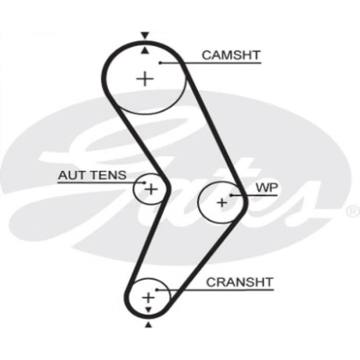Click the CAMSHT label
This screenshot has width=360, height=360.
[231, 55]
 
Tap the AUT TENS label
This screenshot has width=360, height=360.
[92, 175]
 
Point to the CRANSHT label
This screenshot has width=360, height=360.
[239, 282]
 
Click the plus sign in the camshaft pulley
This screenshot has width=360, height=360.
[146, 79]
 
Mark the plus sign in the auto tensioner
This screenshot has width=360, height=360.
[151, 189]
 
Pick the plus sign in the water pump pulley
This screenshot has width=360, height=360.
[222, 203]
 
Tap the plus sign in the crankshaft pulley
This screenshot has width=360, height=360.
[148, 297]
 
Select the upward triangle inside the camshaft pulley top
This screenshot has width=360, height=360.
[145, 50]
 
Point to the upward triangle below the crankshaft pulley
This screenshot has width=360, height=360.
[149, 325]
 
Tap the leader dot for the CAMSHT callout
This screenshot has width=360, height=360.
[160, 63]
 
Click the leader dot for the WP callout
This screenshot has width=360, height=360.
[231, 195]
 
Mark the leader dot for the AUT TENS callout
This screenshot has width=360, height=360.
[143, 183]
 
